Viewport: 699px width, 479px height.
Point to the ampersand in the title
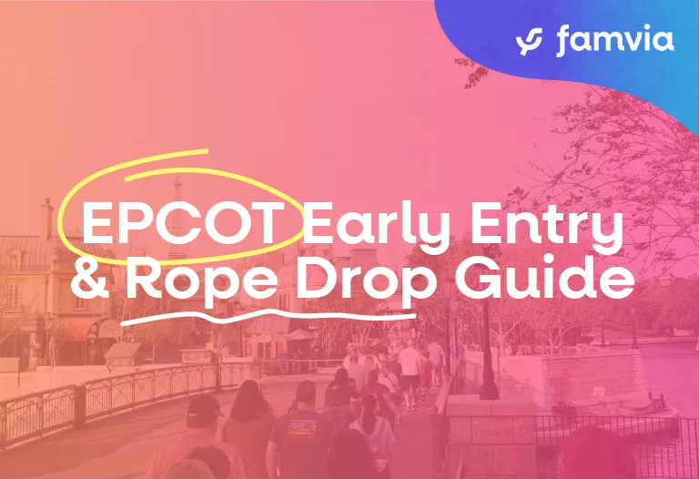pos(92,280)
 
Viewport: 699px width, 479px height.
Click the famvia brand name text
pos(614,41)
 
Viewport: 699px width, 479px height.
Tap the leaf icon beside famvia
pos(529,41)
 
